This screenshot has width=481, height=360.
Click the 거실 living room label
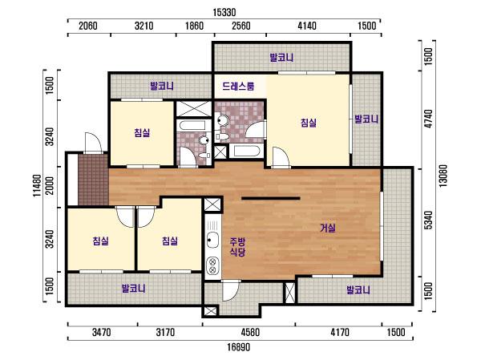(x=328, y=228)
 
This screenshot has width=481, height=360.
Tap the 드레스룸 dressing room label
(x=238, y=87)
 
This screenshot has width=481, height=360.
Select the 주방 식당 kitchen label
(x=238, y=247)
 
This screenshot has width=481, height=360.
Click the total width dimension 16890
(x=239, y=347)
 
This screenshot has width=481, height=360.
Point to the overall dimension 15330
(x=224, y=13)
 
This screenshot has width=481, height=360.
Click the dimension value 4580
(x=250, y=332)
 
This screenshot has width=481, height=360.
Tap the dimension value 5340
(x=429, y=220)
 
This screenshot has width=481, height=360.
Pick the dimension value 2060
(x=88, y=26)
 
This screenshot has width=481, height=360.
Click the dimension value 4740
(x=429, y=119)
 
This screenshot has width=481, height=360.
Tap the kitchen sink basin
(x=212, y=240)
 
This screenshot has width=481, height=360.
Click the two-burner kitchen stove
(x=212, y=265)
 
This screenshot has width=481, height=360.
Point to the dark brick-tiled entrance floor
(x=93, y=180)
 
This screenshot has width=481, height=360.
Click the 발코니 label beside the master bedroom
(x=366, y=119)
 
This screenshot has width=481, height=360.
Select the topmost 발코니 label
(x=281, y=58)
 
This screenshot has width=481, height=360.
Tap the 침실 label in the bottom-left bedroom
(x=101, y=241)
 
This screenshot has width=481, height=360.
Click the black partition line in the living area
(x=271, y=198)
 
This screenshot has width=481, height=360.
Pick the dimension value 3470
(x=102, y=332)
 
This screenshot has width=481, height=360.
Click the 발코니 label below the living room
(x=358, y=289)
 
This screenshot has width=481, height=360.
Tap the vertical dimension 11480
(x=38, y=185)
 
